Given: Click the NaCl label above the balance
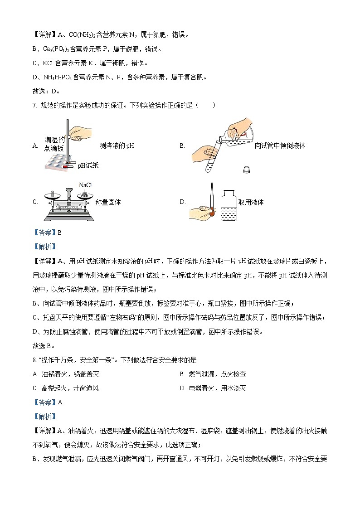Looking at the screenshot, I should (85, 185).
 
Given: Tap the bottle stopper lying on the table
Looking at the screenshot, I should (247, 170).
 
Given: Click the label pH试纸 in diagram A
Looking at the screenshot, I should (88, 165).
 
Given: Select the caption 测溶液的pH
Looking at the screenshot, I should (117, 146).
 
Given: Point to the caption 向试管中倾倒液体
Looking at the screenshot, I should (280, 145).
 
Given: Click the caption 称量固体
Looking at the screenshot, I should (108, 202).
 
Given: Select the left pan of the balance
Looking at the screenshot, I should (53, 194).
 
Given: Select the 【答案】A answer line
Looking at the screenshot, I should (47, 402).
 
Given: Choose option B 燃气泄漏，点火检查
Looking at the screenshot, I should (213, 374).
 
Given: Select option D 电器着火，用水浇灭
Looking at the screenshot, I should (213, 388).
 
